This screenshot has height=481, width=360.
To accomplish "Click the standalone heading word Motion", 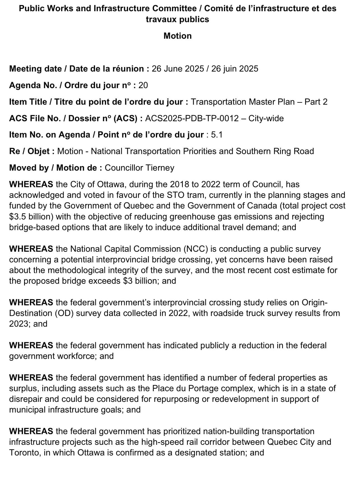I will coord(177,36).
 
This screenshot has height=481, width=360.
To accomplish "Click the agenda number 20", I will coord(143,85).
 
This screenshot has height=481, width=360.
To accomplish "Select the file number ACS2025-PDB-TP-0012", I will coord(192,118).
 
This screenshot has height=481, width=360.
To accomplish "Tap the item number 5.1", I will coord(216,135).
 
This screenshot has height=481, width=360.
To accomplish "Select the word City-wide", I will coord(266,118).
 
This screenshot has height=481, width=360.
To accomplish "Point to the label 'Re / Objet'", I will coord(29,151).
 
